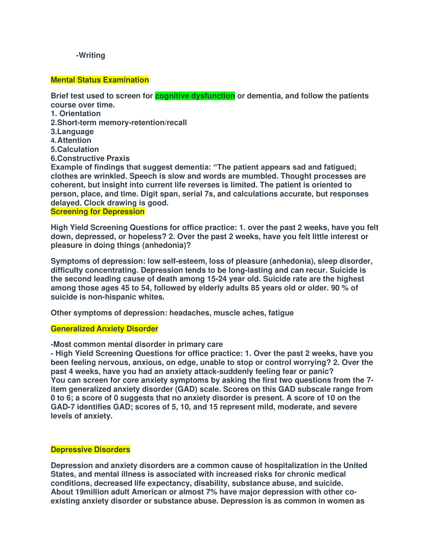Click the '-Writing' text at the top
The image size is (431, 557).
(91, 55)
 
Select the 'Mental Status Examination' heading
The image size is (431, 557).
(100, 80)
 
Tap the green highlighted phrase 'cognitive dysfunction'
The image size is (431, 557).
(195, 96)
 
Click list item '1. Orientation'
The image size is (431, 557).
(76, 114)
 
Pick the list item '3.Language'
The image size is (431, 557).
(72, 132)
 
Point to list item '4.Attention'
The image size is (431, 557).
(71, 140)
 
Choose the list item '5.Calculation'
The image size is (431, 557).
(75, 149)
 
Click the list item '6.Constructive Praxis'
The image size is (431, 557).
(90, 158)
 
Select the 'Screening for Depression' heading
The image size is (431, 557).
(97, 212)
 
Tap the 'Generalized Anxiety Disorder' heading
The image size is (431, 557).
(104, 329)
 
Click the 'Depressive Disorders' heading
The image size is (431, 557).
(90, 450)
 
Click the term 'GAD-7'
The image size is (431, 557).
(62, 407)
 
